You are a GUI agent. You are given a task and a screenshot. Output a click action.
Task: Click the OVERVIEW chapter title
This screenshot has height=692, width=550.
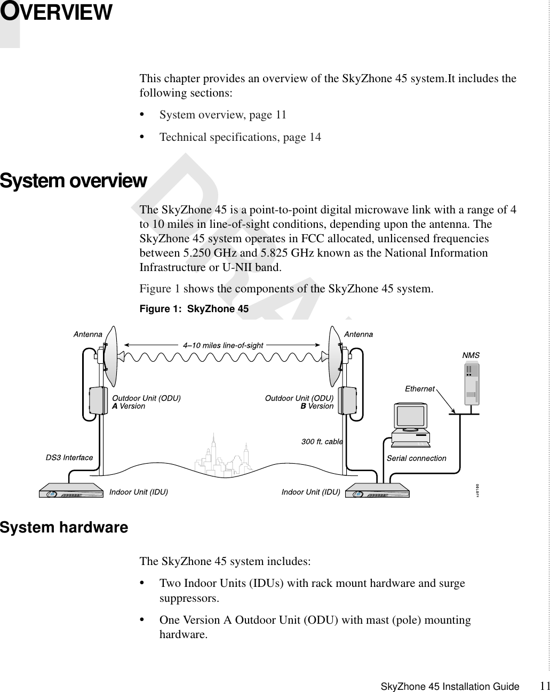tap(56, 13)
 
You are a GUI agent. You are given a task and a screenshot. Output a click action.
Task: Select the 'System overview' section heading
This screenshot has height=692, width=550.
tap(73, 181)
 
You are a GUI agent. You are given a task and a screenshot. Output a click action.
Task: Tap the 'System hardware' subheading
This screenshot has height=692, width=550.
tap(64, 528)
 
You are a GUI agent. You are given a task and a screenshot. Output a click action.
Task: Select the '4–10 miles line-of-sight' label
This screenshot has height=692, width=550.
tap(223, 345)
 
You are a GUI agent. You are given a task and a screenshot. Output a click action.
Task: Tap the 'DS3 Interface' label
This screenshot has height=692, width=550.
tap(69, 457)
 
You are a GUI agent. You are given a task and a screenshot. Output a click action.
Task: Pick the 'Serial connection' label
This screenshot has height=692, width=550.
tap(416, 458)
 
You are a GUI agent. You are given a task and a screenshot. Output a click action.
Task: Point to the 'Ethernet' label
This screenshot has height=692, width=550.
tap(420, 389)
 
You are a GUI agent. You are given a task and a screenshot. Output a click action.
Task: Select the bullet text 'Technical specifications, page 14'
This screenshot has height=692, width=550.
tap(240, 137)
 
